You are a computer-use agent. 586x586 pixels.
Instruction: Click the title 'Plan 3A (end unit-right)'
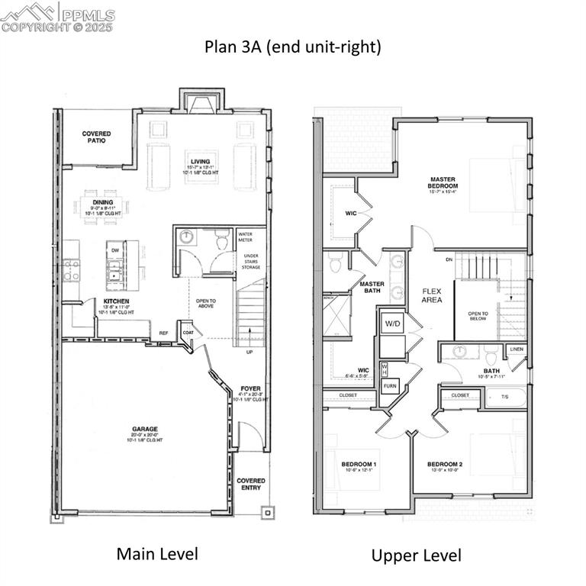[292, 47]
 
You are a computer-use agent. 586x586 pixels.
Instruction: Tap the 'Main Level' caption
[157, 553]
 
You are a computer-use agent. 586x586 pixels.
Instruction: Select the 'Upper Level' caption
[416, 555]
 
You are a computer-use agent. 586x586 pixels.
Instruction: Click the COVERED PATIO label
[96, 137]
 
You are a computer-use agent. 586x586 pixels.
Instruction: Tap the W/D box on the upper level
[392, 324]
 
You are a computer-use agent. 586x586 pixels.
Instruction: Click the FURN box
[391, 387]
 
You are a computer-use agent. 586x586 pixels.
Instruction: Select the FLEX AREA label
[432, 295]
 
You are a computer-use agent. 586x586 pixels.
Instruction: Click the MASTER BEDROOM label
[443, 183]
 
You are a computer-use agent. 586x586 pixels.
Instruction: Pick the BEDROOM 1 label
[358, 465]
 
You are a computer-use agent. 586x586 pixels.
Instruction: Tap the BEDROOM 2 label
[444, 465]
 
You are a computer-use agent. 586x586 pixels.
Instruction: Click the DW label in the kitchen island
[114, 250]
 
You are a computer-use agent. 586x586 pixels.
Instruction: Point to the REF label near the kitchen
[163, 333]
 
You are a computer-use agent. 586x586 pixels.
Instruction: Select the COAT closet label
[188, 332]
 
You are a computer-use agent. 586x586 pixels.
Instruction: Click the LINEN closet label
[517, 349]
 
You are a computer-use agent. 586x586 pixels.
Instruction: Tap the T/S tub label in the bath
[504, 397]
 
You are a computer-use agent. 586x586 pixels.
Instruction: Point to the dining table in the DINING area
[104, 207]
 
